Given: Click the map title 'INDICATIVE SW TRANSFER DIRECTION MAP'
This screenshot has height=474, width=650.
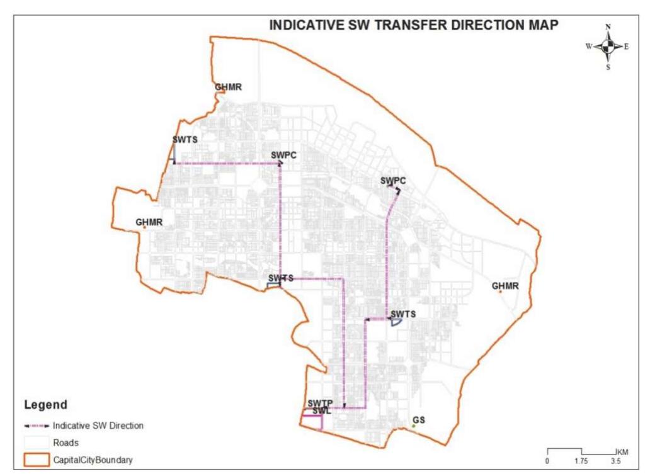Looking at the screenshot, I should coord(413,25).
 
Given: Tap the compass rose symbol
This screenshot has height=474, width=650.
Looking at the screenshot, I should coord(608,46).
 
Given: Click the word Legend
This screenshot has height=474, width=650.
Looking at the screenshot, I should coord(45,404).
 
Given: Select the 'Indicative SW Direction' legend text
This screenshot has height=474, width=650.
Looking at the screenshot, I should coord(98,426).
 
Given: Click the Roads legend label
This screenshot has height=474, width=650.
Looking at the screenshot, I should coord(66,443).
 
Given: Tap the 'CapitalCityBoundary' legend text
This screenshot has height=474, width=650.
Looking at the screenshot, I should coord(93,460).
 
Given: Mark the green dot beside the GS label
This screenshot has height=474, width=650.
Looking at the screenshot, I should coord(414,427).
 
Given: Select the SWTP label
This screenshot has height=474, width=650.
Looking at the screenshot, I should coord(320,403).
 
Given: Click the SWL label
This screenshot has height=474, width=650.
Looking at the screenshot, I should coord(321,411).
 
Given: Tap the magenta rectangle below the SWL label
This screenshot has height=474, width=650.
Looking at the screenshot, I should coord(312,422).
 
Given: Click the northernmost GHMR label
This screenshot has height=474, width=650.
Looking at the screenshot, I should coord(228,87).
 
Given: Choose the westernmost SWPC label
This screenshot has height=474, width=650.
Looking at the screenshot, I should coord(283,155).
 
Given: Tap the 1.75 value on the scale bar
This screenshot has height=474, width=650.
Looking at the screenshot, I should coord(581,461).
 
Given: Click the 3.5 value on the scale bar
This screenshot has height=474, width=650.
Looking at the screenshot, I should coord(616,461).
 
